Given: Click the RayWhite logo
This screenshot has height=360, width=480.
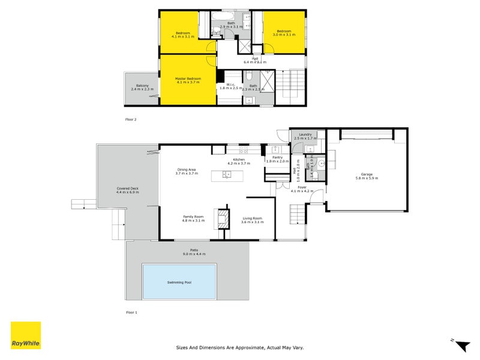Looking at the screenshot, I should (x=26, y=335).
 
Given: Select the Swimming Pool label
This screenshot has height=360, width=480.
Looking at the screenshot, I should (x=179, y=282).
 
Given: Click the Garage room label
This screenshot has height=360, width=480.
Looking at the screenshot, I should (x=367, y=174).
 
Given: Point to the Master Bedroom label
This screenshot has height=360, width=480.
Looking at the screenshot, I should (x=188, y=79).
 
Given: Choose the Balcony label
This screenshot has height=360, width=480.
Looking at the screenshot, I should (x=142, y=85).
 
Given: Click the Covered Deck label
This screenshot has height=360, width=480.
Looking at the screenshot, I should (x=127, y=188).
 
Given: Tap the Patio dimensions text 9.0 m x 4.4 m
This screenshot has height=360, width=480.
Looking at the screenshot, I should (x=194, y=254).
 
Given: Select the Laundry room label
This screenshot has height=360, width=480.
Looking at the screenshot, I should (x=305, y=134).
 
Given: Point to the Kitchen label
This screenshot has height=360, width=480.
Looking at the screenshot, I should (x=239, y=160).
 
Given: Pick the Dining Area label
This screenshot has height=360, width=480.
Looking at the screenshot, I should (x=186, y=169).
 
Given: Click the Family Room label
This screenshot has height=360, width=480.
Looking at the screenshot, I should (x=193, y=217).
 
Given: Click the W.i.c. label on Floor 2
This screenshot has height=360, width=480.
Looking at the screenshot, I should (x=230, y=85).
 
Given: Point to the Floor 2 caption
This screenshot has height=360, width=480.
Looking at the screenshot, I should (x=131, y=119).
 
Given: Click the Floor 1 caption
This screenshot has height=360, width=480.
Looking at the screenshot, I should (x=131, y=313).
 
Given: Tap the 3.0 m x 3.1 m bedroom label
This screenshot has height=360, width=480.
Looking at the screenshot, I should (x=284, y=35).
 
